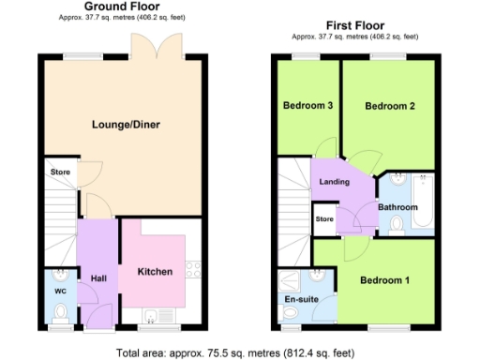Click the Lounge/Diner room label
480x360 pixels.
(x=123, y=124)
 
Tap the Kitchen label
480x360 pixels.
(x=156, y=272)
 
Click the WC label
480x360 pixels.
(x=60, y=292)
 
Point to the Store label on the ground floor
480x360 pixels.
(x=61, y=172)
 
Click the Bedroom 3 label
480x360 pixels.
(x=308, y=106)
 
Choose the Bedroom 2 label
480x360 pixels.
(x=390, y=106)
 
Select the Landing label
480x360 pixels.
(x=335, y=182)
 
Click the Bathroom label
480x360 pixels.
(x=397, y=207)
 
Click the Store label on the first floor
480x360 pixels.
(x=324, y=219)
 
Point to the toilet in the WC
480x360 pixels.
(x=60, y=277)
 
